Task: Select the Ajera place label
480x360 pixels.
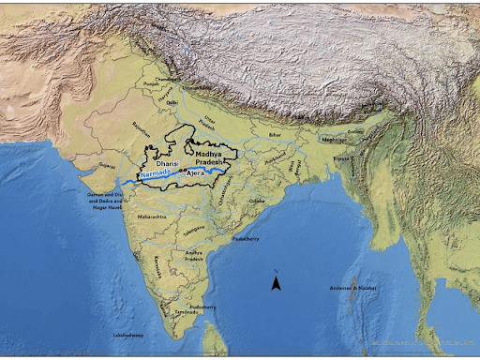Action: (195, 174)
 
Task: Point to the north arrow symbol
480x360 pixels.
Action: (277, 282)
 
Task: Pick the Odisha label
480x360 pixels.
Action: (257, 201)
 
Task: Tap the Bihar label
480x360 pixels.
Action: (275, 135)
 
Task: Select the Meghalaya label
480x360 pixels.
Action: (334, 140)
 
